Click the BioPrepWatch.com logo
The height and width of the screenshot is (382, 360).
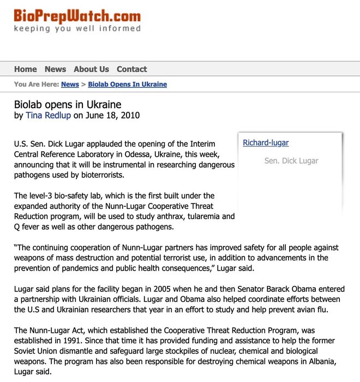click(x=77, y=17)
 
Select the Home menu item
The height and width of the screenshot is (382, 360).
click(x=26, y=69)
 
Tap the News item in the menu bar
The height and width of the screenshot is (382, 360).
click(x=55, y=69)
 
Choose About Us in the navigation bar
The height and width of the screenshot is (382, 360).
click(x=91, y=69)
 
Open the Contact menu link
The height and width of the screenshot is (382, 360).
click(x=131, y=69)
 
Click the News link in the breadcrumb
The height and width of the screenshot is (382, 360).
click(x=70, y=85)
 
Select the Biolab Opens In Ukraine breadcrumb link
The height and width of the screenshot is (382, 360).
click(x=127, y=85)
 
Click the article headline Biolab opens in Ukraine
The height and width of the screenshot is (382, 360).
click(x=68, y=104)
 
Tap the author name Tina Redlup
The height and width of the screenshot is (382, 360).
click(x=48, y=116)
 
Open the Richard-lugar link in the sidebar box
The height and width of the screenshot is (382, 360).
click(x=266, y=143)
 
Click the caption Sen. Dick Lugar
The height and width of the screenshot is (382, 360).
click(x=291, y=161)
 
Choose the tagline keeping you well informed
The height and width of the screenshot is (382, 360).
click(x=77, y=29)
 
